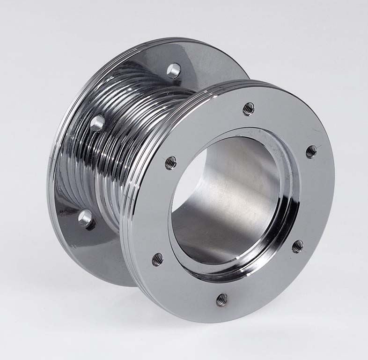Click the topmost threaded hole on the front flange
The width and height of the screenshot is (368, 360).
coord(248,109)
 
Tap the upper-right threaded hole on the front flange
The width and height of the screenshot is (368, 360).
coord(311,151)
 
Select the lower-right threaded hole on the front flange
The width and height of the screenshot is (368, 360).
coord(297,246)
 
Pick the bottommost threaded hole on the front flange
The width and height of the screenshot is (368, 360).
coord(222,300)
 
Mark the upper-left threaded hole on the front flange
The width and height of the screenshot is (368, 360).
coord(171,163)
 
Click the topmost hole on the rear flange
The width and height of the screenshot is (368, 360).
coord(174,70)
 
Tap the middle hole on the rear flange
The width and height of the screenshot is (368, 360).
coord(97,123)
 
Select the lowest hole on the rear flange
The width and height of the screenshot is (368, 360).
coord(85,218)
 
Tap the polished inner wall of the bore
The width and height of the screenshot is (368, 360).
coord(234,197)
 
